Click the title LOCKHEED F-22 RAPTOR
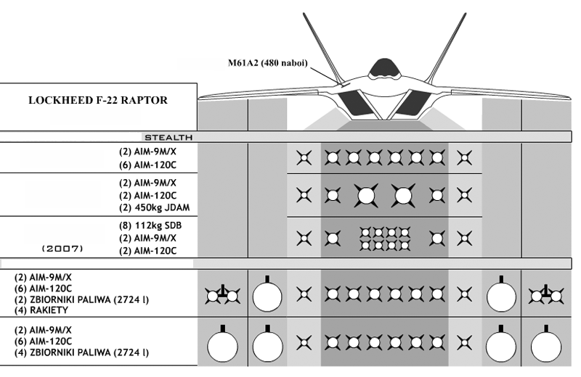[x=98, y=100]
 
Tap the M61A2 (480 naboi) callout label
[x=267, y=63]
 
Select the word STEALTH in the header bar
[x=168, y=138]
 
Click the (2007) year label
[x=62, y=248]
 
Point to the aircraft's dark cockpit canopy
[x=385, y=68]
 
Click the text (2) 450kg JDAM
[x=154, y=207]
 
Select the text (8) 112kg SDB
[x=150, y=225]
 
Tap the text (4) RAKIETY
[x=41, y=310]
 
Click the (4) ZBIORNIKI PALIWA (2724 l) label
[x=81, y=352]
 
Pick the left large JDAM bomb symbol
[x=366, y=195]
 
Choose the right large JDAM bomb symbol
[x=403, y=195]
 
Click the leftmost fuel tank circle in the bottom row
[x=222, y=346]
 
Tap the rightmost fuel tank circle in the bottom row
[x=546, y=346]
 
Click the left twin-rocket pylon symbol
[x=222, y=295]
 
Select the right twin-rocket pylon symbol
[x=546, y=295]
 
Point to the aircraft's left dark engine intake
[x=352, y=103]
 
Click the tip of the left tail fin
[x=304, y=14]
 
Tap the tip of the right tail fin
[x=465, y=14]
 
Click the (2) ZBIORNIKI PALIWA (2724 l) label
[x=81, y=299]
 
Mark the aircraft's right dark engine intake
[x=417, y=103]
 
